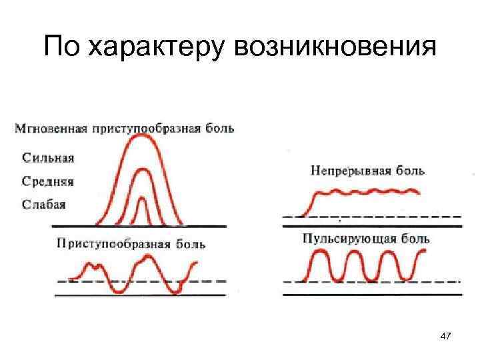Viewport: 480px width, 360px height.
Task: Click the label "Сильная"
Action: [49, 158]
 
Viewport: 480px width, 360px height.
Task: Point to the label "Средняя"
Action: [48, 181]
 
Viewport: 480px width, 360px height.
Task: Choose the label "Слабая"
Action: [44, 204]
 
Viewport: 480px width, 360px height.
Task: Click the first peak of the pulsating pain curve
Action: [320, 253]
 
